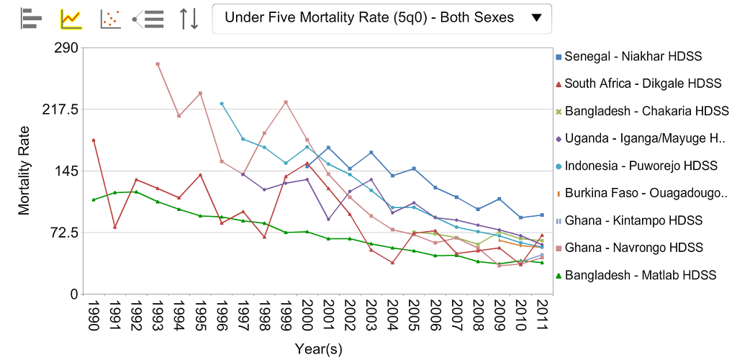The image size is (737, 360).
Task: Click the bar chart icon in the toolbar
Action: point(32,18)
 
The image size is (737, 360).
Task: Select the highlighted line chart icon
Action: point(71,18)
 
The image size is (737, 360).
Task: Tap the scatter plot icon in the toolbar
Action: point(110,18)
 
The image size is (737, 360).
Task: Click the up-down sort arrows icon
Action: point(189,18)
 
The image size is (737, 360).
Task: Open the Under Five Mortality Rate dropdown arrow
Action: point(535,18)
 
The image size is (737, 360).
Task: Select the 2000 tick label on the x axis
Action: point(307,316)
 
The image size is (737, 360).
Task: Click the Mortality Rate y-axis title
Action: point(24,171)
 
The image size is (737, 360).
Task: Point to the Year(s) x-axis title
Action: point(318,349)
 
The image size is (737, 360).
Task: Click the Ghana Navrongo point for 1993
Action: point(157,64)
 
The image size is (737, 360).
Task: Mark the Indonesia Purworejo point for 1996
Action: point(222,104)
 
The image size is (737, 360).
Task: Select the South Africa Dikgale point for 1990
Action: point(94,140)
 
